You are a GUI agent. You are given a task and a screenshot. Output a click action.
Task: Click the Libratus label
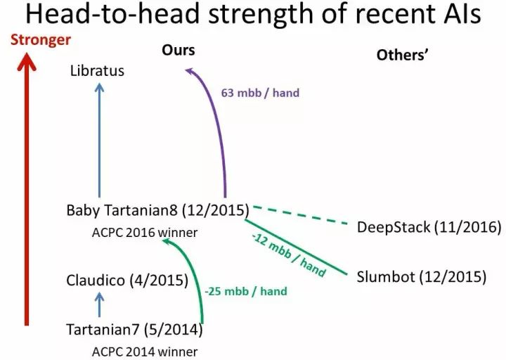tap(97, 71)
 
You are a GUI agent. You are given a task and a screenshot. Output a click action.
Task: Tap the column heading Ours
tap(179, 50)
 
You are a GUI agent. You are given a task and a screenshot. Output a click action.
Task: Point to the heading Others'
tap(403, 54)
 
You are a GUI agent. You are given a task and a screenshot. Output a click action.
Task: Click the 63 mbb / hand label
tap(261, 93)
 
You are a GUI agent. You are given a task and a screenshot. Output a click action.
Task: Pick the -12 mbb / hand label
tap(287, 255)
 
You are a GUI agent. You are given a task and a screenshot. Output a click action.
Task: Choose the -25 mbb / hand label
tap(246, 290)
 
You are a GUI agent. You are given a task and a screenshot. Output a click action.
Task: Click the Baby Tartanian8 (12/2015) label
tap(158, 210)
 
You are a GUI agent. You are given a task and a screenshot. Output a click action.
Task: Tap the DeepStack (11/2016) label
tap(429, 227)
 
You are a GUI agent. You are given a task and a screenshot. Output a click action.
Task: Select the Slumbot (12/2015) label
tap(422, 276)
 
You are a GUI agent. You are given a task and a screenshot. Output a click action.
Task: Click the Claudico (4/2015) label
tap(127, 281)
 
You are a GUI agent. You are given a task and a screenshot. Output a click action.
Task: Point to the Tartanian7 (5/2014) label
tap(134, 329)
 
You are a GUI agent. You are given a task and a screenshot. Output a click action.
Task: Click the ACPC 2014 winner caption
tap(145, 351)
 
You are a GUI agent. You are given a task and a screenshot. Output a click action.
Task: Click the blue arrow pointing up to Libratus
tap(99, 141)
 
